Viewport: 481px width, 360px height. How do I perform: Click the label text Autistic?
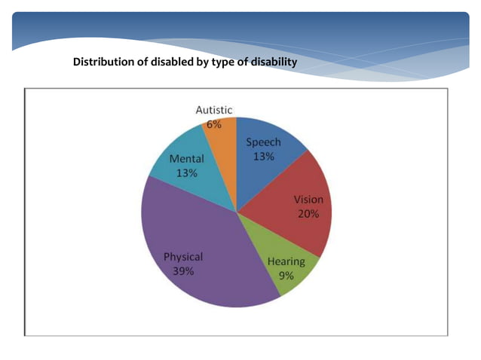coord(213,110)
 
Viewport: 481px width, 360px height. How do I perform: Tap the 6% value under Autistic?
coord(213,124)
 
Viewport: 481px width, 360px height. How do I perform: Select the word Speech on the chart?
coord(263,142)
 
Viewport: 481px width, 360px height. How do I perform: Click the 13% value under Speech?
coord(263,156)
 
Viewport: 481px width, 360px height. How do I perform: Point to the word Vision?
coord(308,200)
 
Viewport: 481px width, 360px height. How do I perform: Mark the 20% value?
coord(308,213)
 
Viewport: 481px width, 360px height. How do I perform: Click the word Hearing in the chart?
coord(286,262)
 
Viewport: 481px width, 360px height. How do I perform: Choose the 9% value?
coord(286,276)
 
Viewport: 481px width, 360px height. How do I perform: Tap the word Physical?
coord(183,257)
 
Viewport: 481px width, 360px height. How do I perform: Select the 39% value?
coord(183,270)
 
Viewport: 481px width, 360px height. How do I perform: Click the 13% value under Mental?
coord(186,173)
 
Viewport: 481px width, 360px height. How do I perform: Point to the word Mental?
coord(186,160)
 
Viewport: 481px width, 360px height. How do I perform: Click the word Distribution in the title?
coord(103,62)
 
